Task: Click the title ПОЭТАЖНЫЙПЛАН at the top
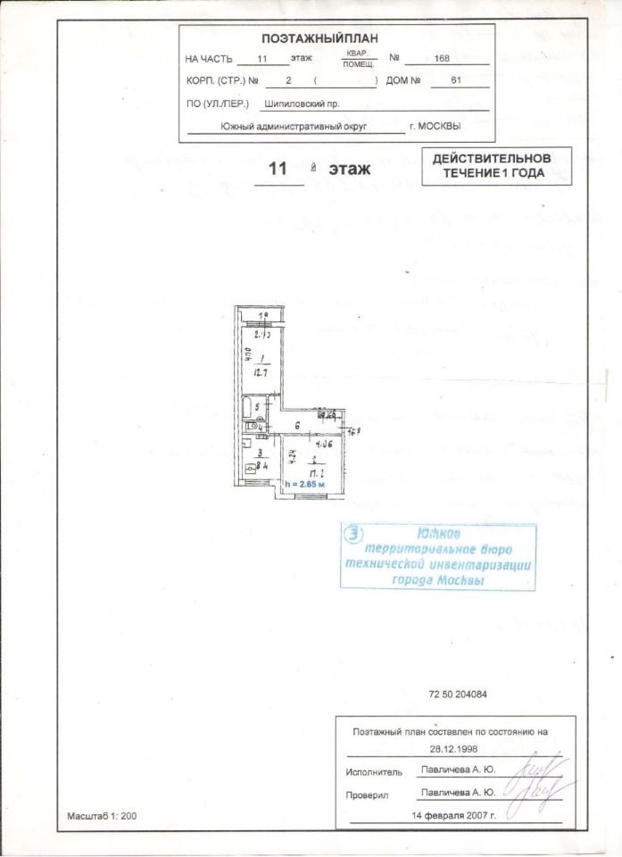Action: pos(320,38)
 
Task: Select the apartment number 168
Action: pos(441,59)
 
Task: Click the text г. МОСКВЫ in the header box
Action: pos(435,127)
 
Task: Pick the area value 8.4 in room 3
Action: pos(258,465)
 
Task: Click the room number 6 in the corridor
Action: pos(295,426)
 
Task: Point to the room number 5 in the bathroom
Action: pos(257,407)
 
